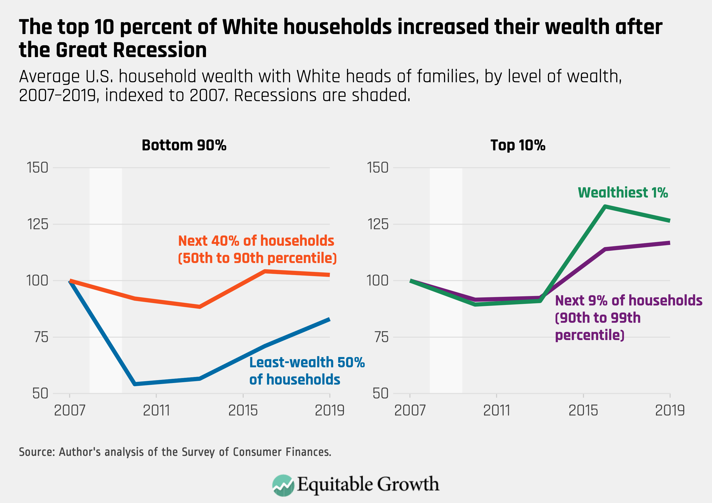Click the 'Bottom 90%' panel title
click(x=184, y=145)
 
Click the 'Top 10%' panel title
click(x=518, y=145)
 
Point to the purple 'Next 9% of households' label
click(x=628, y=318)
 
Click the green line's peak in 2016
click(x=605, y=206)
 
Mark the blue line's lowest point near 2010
click(x=135, y=384)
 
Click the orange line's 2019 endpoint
click(x=329, y=275)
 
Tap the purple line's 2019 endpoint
click(x=670, y=243)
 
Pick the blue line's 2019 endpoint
click(x=329, y=319)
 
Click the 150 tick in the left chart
click(x=37, y=168)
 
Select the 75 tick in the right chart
click(x=381, y=337)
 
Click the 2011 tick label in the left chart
click(x=156, y=411)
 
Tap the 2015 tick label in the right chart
click(x=583, y=411)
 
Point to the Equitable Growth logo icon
click(x=283, y=485)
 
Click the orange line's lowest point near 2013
click(x=199, y=307)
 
